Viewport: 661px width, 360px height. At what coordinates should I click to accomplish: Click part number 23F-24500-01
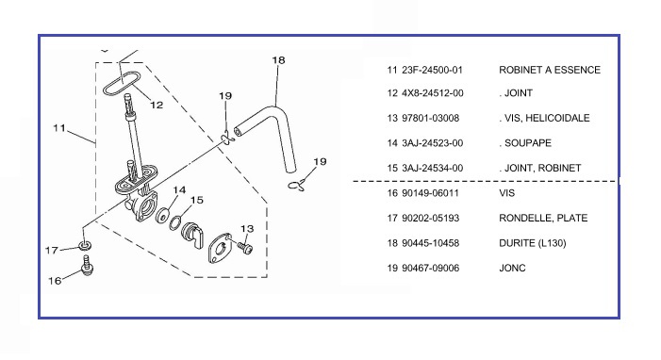point(432,70)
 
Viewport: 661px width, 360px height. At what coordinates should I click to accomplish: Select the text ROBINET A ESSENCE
point(550,70)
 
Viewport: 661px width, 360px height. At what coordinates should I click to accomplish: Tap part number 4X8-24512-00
point(433,93)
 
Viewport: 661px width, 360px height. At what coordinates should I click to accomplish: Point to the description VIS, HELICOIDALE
point(547,118)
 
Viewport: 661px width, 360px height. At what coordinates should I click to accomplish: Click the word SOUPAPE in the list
point(528,143)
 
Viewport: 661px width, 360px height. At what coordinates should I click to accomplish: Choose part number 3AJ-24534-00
point(433,168)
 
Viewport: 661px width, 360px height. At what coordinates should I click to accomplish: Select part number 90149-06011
point(430,193)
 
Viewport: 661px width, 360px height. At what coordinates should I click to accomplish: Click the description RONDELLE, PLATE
point(543,218)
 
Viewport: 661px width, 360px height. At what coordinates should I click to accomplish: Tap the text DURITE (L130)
point(533,243)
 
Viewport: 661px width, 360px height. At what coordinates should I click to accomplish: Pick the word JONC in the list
point(512,268)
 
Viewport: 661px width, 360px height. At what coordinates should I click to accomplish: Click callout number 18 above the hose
point(278,60)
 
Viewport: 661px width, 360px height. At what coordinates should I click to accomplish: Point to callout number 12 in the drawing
point(157,105)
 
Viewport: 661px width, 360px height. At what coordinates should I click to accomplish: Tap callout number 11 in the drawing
point(59,127)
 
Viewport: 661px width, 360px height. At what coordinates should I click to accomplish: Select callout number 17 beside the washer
point(52,251)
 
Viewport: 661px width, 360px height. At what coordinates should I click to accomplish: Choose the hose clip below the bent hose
point(296,185)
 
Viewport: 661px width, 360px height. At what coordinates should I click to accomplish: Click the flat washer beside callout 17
point(85,245)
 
